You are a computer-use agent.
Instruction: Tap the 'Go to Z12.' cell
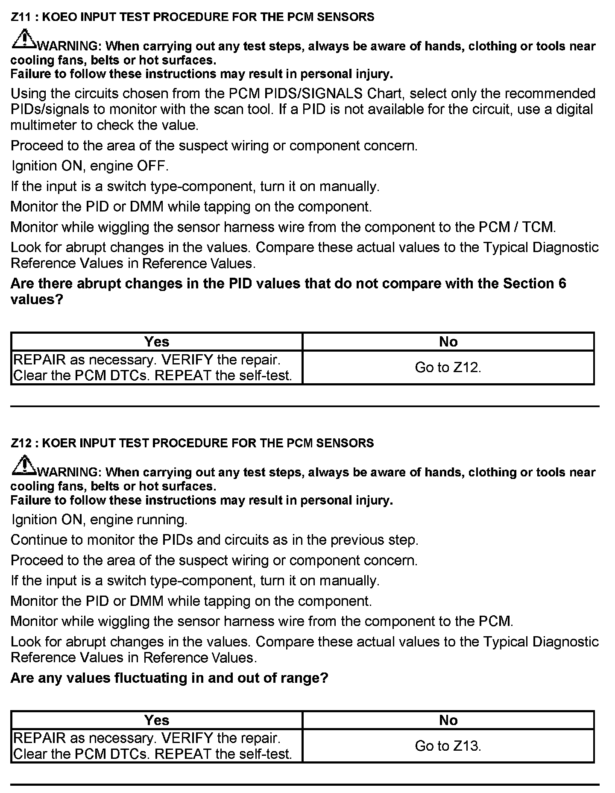(x=448, y=367)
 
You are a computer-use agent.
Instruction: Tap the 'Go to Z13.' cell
(x=448, y=746)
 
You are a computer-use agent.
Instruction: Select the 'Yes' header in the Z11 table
(x=157, y=342)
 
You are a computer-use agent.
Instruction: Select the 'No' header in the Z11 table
(x=448, y=342)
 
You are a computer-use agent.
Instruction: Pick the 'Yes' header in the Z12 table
(x=157, y=720)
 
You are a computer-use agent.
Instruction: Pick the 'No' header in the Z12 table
(x=448, y=720)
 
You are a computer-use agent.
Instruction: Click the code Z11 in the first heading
(x=20, y=17)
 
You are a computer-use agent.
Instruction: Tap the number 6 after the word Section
(x=562, y=284)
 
